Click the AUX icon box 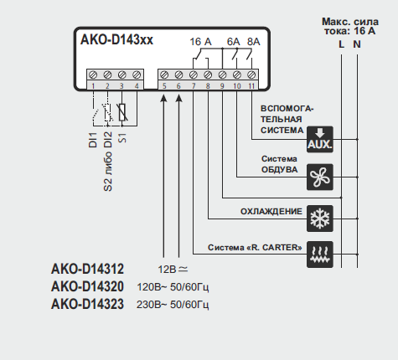pos(320,139)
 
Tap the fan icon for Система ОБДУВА pos(320,177)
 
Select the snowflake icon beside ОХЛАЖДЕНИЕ pos(320,219)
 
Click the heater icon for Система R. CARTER pos(320,255)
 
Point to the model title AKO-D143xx pos(116,40)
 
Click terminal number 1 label pos(93,86)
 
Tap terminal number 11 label pos(251,86)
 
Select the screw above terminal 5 pos(164,75)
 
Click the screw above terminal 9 pos(222,75)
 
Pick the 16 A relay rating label pos(200,42)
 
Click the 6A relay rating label pos(233,42)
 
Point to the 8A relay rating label pos(254,42)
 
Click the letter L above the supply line pos(341,44)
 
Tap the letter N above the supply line pos(357,44)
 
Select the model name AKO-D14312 pos(87,269)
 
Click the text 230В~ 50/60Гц pos(173,305)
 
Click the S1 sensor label pos(122,138)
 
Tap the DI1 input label pos(92,140)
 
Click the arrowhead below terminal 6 pos(179,98)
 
